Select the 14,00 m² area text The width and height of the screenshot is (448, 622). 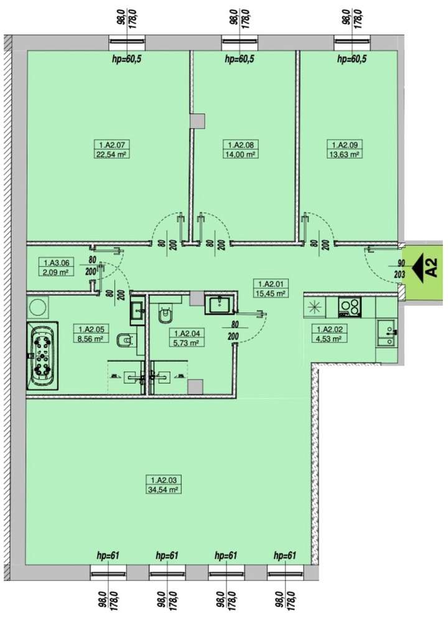pyautogui.click(x=240, y=154)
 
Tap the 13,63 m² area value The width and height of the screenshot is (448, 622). pyautogui.click(x=345, y=154)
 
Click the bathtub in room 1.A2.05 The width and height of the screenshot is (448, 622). pyautogui.click(x=42, y=356)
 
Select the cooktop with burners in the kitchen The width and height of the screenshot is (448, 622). pyautogui.click(x=350, y=306)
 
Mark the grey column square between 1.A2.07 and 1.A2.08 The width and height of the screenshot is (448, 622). pyautogui.click(x=197, y=121)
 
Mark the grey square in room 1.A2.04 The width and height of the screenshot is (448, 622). pyautogui.click(x=195, y=387)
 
